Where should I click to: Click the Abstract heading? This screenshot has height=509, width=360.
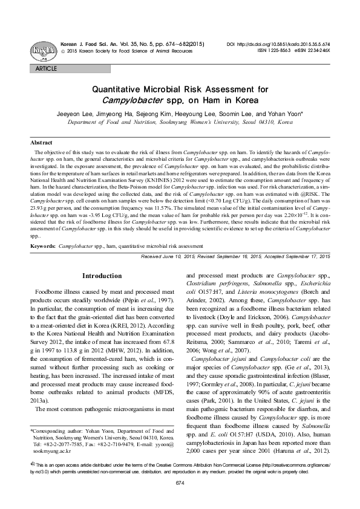pyautogui.click(x=41, y=142)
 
